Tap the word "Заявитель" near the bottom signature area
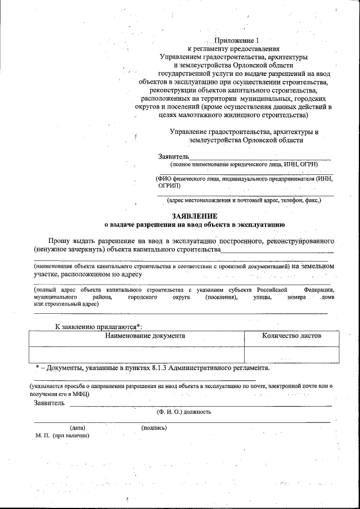coord(49,403)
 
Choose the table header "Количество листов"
coord(291,336)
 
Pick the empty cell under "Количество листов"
coord(291,354)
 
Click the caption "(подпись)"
coord(154,428)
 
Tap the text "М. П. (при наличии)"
coord(62,436)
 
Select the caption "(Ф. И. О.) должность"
coord(184,412)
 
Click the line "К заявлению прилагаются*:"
coord(98,326)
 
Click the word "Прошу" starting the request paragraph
coord(60,240)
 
